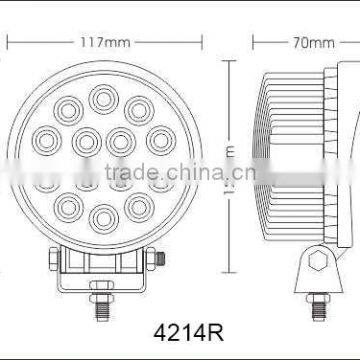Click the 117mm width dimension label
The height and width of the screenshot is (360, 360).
click(98, 43)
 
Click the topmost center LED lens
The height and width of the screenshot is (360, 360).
click(100, 97)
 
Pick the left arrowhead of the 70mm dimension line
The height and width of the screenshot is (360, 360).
click(255, 43)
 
